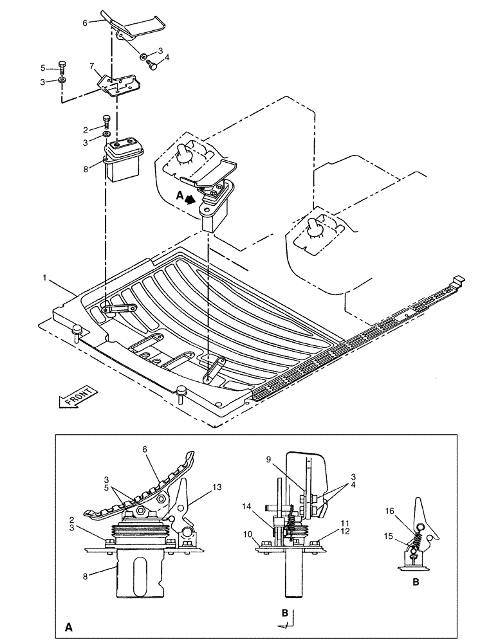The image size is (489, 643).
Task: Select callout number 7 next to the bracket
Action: tap(91, 66)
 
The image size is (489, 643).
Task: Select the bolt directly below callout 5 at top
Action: tap(61, 65)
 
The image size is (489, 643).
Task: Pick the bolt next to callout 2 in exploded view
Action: tap(106, 120)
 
